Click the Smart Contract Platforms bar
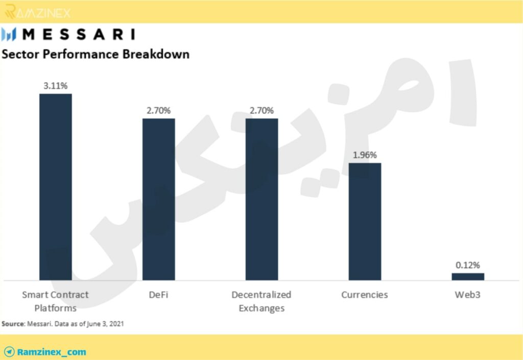(x=55, y=187)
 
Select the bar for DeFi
(x=158, y=199)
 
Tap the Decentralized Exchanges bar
(x=261, y=199)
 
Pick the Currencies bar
(x=365, y=222)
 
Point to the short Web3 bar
(x=468, y=277)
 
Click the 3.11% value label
(x=55, y=86)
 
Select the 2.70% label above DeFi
(x=158, y=110)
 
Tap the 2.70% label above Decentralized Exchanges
(x=261, y=110)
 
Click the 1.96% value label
(x=365, y=155)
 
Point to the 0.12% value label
(x=468, y=266)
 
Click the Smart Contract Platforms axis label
(x=55, y=301)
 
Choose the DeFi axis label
(x=158, y=295)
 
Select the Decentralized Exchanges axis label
(x=261, y=301)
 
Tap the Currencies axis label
(x=365, y=295)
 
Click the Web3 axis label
(x=468, y=295)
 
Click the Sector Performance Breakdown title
(x=96, y=54)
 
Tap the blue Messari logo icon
(x=9, y=34)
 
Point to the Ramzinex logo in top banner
(x=38, y=12)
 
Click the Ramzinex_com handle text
(x=52, y=352)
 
